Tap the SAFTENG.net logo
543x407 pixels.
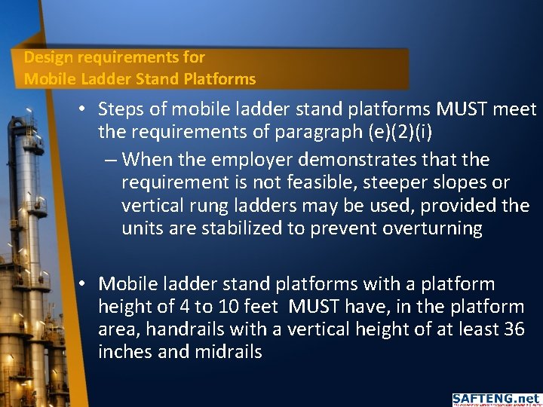[495, 399]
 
